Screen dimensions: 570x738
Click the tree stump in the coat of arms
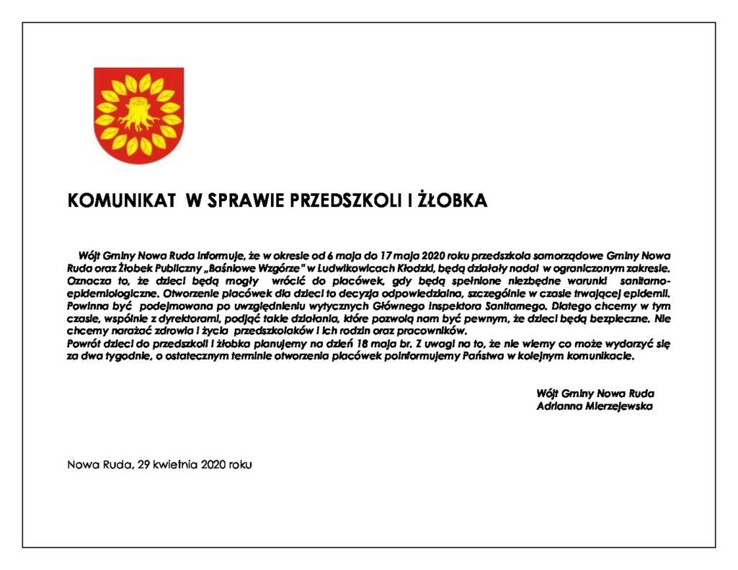click(138, 113)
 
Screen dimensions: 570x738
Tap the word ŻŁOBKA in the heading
click(453, 201)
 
